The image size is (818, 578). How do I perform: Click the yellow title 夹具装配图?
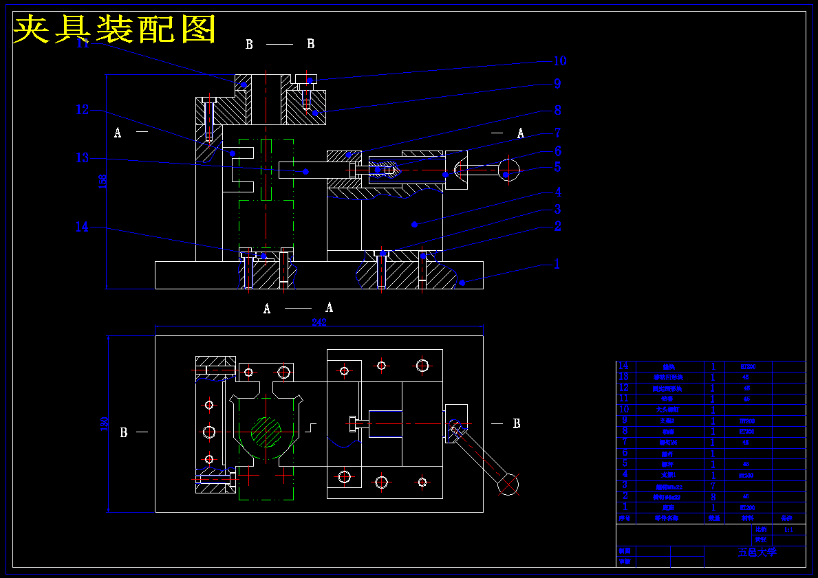click(115, 29)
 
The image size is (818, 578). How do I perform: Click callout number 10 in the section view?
click(560, 61)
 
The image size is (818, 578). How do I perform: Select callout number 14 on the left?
click(82, 227)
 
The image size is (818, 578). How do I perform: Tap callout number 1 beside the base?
click(557, 264)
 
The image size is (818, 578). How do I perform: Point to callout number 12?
click(83, 109)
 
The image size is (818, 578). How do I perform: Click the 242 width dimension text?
click(319, 322)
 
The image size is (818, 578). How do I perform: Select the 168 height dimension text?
click(103, 181)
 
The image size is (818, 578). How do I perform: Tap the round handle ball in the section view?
click(508, 169)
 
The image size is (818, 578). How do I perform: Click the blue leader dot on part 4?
click(414, 224)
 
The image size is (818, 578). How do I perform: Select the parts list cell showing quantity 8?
click(713, 496)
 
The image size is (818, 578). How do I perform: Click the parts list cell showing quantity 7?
click(713, 486)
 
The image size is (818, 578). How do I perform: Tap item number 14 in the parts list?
click(624, 366)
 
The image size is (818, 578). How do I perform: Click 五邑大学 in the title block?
click(757, 552)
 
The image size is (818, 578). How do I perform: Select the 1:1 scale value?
click(788, 529)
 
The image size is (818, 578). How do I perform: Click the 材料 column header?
click(748, 518)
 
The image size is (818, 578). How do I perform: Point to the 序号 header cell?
click(625, 518)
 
